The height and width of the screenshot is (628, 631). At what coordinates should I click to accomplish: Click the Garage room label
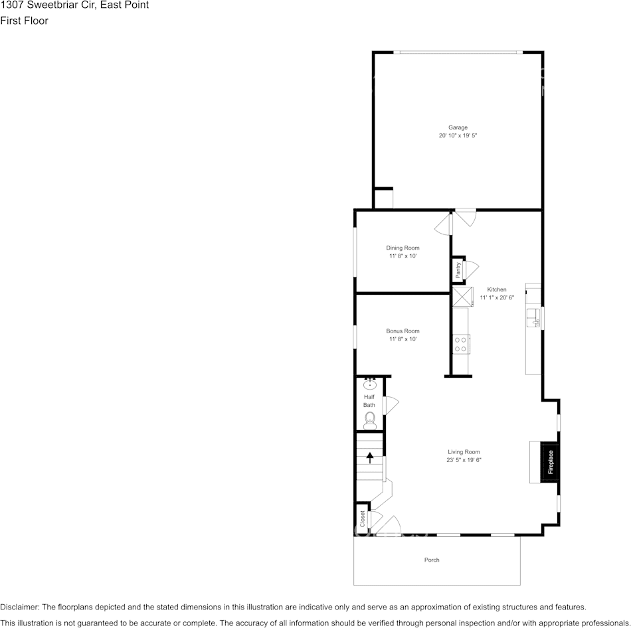coord(458,127)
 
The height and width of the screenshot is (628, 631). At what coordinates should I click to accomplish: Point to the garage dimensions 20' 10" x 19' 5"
coord(458,135)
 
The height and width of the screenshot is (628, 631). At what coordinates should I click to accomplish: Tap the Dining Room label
coord(403,248)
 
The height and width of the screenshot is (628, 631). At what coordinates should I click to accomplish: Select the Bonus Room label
coord(403,331)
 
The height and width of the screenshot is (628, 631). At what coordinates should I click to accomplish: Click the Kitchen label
coord(497,289)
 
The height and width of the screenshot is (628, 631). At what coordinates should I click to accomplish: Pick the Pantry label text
coord(458,270)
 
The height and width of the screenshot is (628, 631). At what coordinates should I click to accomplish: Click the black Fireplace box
coord(550,462)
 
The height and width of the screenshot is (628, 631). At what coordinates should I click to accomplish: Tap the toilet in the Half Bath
coord(370,420)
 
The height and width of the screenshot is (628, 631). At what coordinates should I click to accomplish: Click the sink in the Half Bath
coord(370,384)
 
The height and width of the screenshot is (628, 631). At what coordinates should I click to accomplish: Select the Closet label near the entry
coord(362,519)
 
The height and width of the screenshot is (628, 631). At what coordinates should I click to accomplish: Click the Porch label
coord(432,560)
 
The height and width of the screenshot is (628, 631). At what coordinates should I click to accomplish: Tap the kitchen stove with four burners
coord(460,344)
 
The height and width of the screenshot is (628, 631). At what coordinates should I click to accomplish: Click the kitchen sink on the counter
coord(533,317)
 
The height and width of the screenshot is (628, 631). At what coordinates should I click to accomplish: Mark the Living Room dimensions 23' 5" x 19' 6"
coord(464,460)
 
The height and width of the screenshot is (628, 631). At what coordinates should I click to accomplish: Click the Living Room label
coord(464,452)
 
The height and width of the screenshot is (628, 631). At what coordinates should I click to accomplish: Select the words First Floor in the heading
coord(24,21)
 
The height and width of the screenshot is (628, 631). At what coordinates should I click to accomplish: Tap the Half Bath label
coord(369,401)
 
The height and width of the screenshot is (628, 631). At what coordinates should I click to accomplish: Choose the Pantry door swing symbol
coord(471,269)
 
